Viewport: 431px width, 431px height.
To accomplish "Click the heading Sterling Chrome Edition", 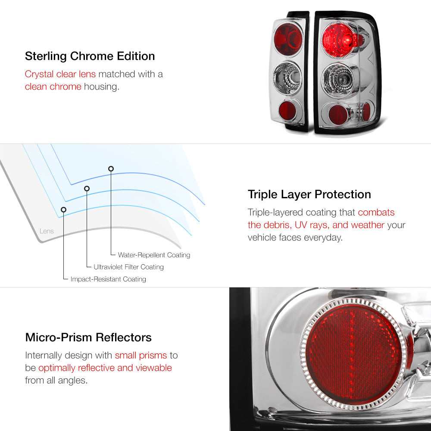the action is [x=90, y=56].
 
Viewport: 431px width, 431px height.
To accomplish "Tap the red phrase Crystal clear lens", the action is [x=60, y=74].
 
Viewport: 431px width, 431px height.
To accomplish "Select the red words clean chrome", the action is [x=53, y=87].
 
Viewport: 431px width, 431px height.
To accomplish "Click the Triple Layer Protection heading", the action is [x=309, y=194].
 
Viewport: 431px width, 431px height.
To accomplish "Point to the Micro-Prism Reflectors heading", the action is [x=88, y=337].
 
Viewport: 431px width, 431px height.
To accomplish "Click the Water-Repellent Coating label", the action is [x=154, y=255].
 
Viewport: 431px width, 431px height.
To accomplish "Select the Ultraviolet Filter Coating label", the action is [x=128, y=267].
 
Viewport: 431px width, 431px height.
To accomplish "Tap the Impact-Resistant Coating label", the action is [x=108, y=279].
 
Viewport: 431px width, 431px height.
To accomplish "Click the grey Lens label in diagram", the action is [x=47, y=231].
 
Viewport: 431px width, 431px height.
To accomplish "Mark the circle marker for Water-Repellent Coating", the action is [x=111, y=169].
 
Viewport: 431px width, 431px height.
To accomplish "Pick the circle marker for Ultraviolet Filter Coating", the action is [x=87, y=188].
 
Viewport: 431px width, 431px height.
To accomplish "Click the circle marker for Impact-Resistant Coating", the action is [x=63, y=209].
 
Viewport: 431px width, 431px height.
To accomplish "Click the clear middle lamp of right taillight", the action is [x=339, y=79].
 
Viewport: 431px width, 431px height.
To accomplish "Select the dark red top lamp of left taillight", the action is [x=288, y=39].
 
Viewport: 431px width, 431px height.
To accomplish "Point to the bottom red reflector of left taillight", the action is [x=287, y=110].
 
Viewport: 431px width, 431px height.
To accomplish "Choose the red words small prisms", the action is [x=141, y=356].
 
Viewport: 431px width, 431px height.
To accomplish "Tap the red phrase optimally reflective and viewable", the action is [x=105, y=368].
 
